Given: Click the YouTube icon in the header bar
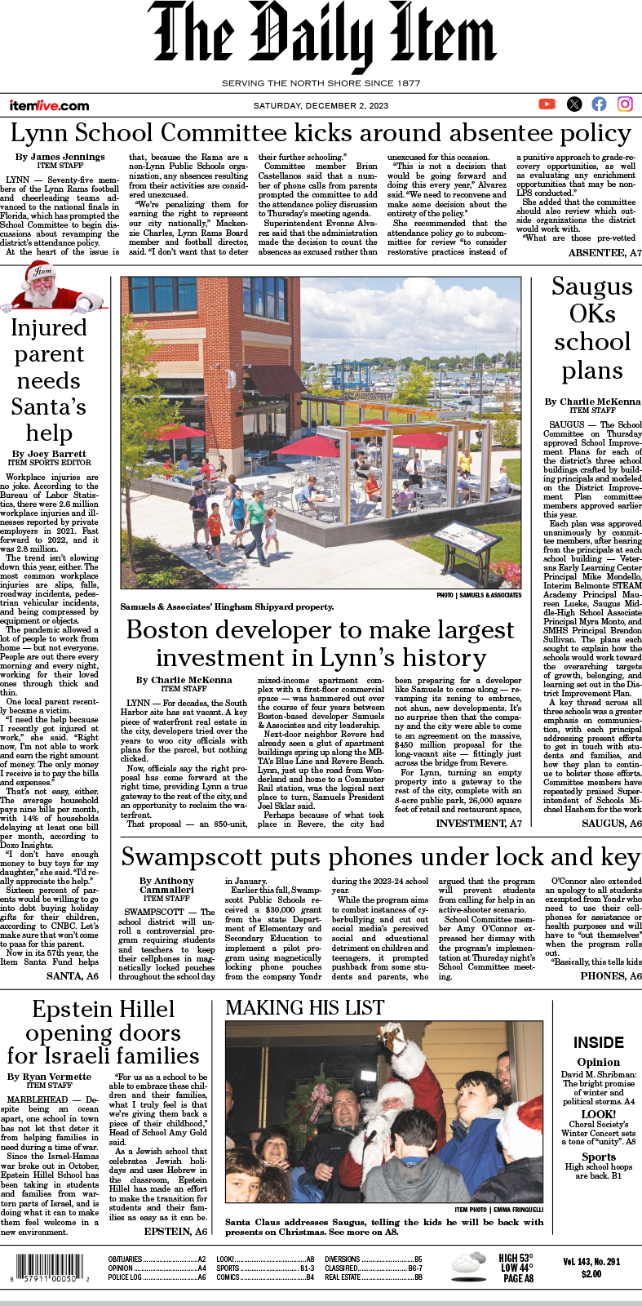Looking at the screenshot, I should pyautogui.click(x=547, y=104).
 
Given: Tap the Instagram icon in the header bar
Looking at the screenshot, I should pyautogui.click(x=625, y=104).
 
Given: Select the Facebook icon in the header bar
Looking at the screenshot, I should pyautogui.click(x=600, y=104).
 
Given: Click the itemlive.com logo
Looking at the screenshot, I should pyautogui.click(x=49, y=105).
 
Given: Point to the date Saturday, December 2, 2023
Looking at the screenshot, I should pyautogui.click(x=321, y=106).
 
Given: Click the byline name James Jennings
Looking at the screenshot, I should pyautogui.click(x=68, y=156).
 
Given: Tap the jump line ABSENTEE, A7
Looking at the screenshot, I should pyautogui.click(x=604, y=253).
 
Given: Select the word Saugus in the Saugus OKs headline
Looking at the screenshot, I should pyautogui.click(x=592, y=287).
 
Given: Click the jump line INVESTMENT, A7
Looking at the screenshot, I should pyautogui.click(x=479, y=824).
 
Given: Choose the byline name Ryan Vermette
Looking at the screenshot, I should pyautogui.click(x=57, y=1077).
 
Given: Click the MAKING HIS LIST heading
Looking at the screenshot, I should pyautogui.click(x=303, y=1008).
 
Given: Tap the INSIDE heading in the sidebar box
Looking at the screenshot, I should pyautogui.click(x=598, y=1042).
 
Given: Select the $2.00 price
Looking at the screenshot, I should pyautogui.click(x=591, y=1274).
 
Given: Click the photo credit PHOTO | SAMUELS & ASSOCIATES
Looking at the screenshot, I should pyautogui.click(x=479, y=595).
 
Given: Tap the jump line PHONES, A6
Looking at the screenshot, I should pyautogui.click(x=610, y=975).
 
